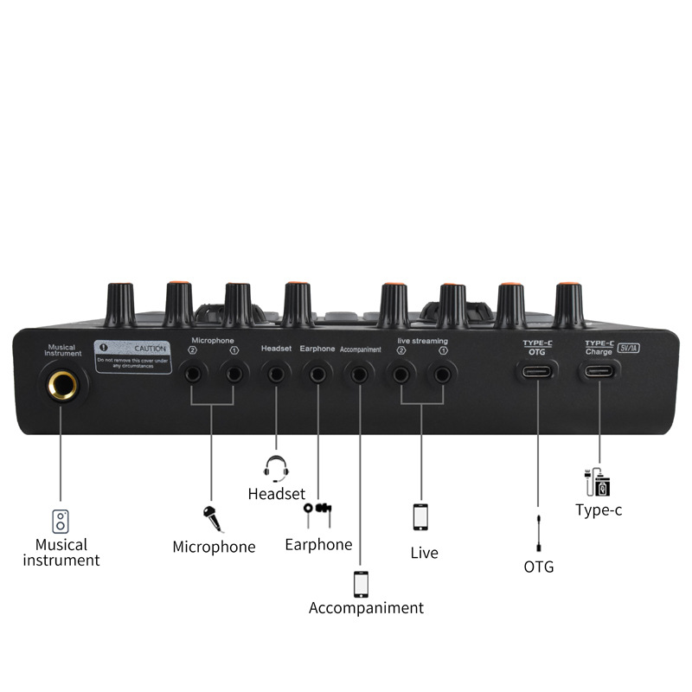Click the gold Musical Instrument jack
pyautogui.click(x=62, y=383)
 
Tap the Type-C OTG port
pyautogui.click(x=537, y=373)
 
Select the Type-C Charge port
pyautogui.click(x=599, y=373)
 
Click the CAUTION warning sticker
pyautogui.click(x=132, y=356)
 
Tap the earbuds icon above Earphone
pyautogui.click(x=317, y=513)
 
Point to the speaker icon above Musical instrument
pyautogui.click(x=61, y=521)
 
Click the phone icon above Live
pyautogui.click(x=421, y=516)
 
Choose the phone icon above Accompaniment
pyautogui.click(x=361, y=583)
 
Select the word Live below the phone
pyautogui.click(x=424, y=553)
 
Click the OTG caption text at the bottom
pyautogui.click(x=538, y=567)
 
